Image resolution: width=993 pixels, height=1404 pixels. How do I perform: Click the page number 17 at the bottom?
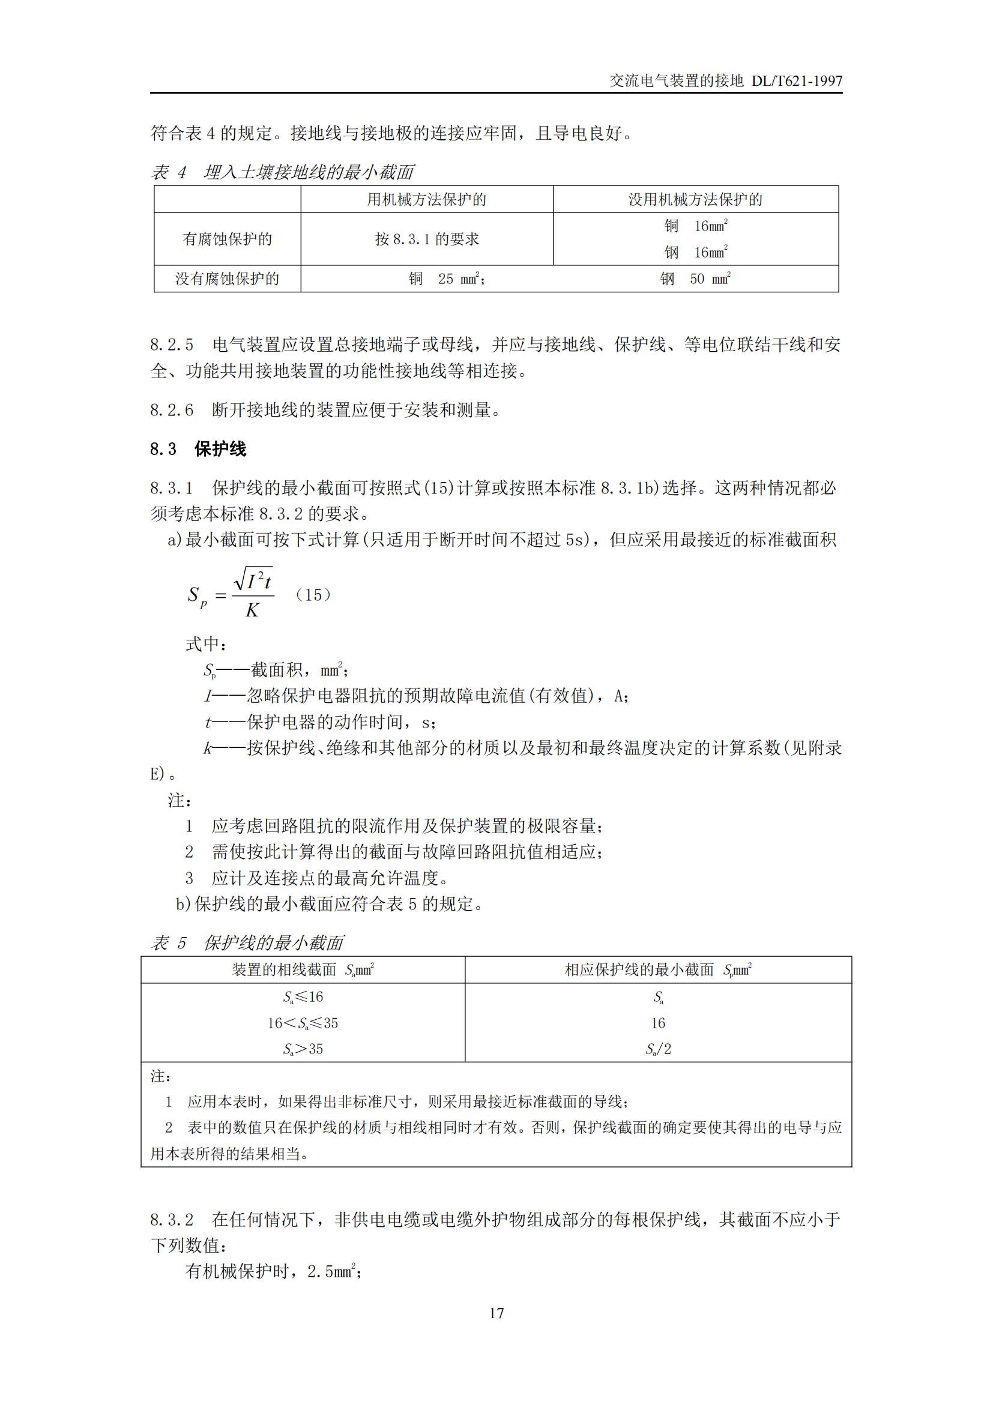496,1313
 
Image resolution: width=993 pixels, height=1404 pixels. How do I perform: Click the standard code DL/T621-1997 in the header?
796,81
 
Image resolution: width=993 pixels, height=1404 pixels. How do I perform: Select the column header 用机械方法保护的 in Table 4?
426,199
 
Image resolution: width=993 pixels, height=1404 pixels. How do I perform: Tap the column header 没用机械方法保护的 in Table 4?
695,199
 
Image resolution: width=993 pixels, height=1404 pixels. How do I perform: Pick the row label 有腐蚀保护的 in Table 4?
227,239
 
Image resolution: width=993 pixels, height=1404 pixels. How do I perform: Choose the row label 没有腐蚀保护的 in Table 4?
227,279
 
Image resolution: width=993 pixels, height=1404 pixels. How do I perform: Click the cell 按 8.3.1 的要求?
426,239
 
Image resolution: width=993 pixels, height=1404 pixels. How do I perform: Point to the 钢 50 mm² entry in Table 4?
695,279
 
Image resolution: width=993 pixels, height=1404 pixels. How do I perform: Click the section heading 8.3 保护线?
198,450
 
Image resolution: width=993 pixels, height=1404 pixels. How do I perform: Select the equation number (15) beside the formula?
312,595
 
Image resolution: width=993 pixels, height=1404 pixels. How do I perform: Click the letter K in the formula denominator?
252,610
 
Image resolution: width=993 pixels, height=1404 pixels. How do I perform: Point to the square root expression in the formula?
254,579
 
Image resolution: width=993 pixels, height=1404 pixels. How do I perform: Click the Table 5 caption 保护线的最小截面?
273,943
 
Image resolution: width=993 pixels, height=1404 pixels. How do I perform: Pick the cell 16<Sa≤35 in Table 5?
302,1023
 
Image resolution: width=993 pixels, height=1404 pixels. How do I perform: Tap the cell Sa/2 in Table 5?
658,1049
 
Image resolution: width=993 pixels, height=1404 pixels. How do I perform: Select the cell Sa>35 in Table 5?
302,1049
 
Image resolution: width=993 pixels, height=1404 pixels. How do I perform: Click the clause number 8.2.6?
171,411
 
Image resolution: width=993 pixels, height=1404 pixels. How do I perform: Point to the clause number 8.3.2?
171,1220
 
